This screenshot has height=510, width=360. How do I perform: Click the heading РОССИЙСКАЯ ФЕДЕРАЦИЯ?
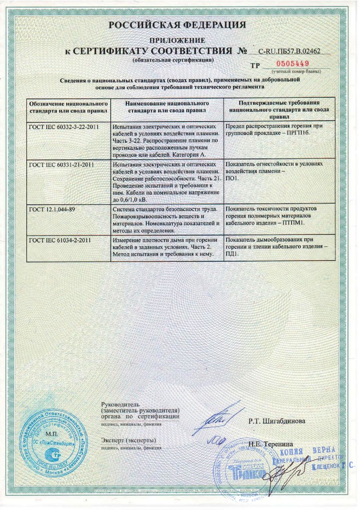click(x=177, y=25)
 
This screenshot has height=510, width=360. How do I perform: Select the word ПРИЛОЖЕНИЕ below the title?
click(x=177, y=40)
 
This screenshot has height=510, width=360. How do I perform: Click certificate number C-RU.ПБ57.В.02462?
click(x=290, y=51)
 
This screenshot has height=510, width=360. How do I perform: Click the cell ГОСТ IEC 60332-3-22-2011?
click(x=63, y=127)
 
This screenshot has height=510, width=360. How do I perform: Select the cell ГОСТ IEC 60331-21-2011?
click(x=63, y=165)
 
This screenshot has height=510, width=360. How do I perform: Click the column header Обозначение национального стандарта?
click(x=68, y=107)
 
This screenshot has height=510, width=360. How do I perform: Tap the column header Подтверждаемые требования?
click(x=279, y=107)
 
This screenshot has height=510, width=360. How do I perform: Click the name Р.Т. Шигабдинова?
click(x=277, y=421)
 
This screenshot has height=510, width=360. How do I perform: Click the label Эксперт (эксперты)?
click(x=129, y=440)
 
